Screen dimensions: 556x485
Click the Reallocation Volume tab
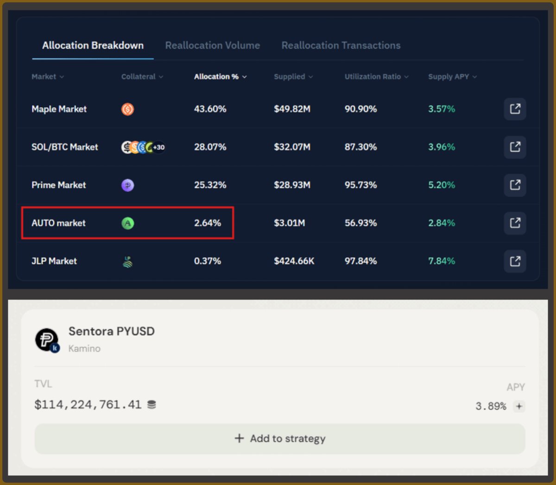click(213, 45)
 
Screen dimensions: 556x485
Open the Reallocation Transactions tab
click(341, 45)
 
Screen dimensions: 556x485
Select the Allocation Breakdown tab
click(93, 45)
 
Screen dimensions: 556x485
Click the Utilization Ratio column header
click(376, 77)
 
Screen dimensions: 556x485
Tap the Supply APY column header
click(453, 77)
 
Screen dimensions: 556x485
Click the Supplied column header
click(293, 77)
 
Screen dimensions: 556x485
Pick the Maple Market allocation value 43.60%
click(210, 109)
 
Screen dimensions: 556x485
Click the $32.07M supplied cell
click(292, 147)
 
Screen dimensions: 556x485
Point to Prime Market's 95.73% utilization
click(360, 185)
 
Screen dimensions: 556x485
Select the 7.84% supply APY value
click(442, 261)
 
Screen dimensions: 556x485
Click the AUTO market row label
click(58, 223)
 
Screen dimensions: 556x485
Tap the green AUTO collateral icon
click(128, 223)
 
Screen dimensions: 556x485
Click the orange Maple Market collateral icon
click(127, 109)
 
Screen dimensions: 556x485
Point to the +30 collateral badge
click(159, 147)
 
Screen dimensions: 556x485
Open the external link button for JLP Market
click(515, 261)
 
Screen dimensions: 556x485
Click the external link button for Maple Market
click(515, 109)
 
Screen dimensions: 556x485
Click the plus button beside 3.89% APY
click(519, 406)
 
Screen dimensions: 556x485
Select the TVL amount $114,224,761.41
click(88, 404)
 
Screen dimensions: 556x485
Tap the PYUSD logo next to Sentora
click(47, 340)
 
